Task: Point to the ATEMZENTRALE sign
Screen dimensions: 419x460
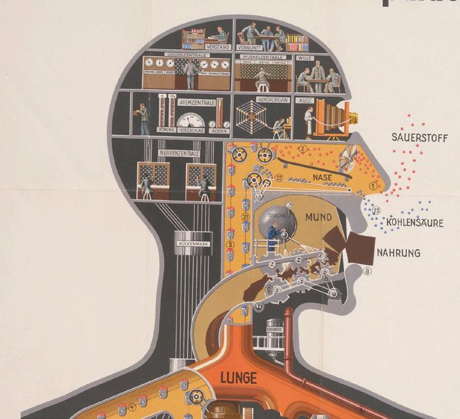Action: pos(195,102)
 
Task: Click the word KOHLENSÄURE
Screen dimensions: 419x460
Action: pos(415,222)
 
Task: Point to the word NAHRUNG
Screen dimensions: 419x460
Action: pos(399,253)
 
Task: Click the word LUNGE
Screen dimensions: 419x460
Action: pos(237,376)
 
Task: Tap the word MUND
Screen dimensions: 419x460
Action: pos(318,218)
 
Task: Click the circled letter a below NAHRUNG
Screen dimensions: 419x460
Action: pos(368,270)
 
